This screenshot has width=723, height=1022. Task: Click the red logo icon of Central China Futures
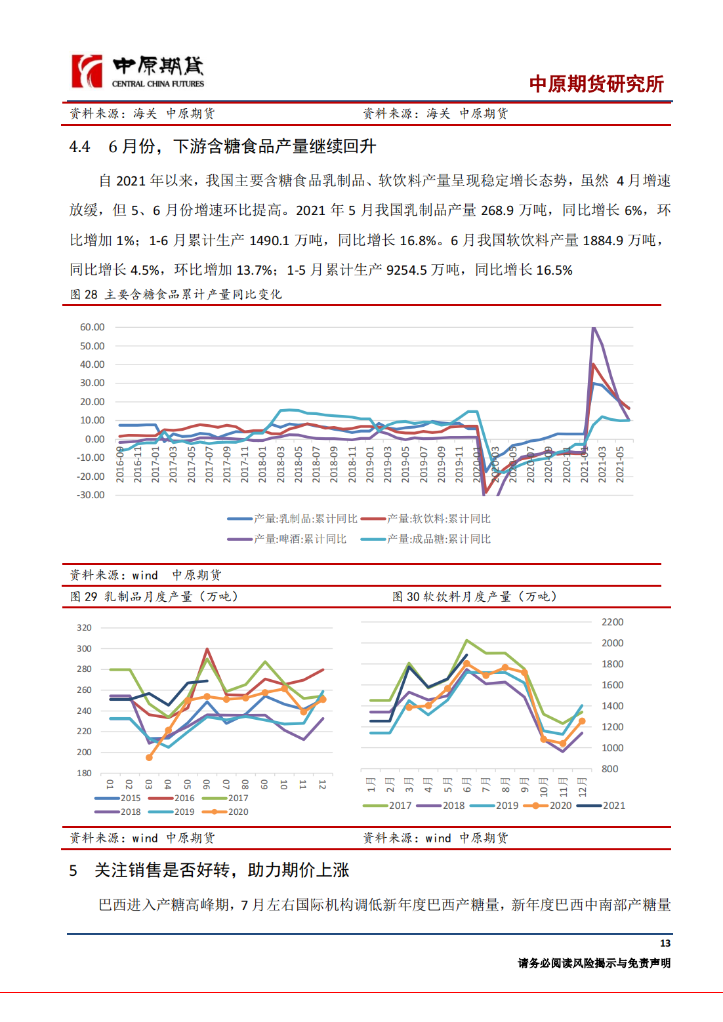click(x=87, y=71)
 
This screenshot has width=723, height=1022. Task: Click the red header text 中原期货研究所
click(x=596, y=84)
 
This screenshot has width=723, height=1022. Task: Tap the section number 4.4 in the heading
click(x=79, y=147)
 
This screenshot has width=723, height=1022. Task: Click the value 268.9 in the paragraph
click(x=497, y=210)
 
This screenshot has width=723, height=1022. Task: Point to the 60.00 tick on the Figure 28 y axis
click(x=92, y=327)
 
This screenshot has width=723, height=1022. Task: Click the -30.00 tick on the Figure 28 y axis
click(x=91, y=495)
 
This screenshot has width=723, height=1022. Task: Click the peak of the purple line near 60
click(x=594, y=327)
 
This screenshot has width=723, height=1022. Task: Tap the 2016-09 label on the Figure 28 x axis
click(x=120, y=465)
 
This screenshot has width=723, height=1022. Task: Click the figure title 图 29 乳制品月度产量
click(x=154, y=597)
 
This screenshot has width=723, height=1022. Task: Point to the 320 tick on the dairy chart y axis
click(x=84, y=627)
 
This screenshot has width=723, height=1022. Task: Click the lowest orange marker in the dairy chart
click(x=149, y=757)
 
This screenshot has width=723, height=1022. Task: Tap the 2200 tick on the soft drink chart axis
click(x=612, y=622)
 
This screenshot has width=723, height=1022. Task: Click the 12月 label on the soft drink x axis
click(x=582, y=785)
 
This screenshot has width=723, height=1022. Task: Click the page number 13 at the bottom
click(x=665, y=943)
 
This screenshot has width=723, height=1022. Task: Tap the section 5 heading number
click(x=73, y=871)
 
